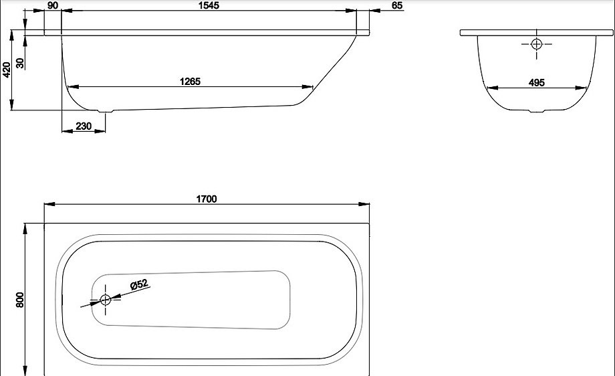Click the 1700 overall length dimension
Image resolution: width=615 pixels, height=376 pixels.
pos(207,199)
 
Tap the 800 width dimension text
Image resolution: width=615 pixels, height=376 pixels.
pos(20,300)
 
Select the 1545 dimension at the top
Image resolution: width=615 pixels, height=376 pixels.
pos(209,6)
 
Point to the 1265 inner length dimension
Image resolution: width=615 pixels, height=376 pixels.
pos(190,81)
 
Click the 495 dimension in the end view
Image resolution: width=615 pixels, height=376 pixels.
pos(536,82)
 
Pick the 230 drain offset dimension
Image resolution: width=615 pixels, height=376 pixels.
pos(84,126)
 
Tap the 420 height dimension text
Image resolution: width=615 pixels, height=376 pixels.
pos(7,70)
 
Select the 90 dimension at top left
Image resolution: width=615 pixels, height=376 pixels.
pos(53,6)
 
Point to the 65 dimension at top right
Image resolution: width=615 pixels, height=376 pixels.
pos(397,6)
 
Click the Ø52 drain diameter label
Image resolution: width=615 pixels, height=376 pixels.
pos(139,284)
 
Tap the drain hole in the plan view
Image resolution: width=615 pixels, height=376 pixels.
pos(105,300)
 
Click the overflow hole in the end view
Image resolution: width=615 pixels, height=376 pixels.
pos(536,44)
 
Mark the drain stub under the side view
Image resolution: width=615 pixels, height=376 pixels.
pos(106,111)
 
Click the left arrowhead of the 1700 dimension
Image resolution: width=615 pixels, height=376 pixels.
pos(47,205)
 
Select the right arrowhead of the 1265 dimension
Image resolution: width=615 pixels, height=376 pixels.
pos(310,87)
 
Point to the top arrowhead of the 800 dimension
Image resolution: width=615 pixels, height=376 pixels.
pos(26,226)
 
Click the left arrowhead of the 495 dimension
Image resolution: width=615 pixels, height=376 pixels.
pos(489,88)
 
